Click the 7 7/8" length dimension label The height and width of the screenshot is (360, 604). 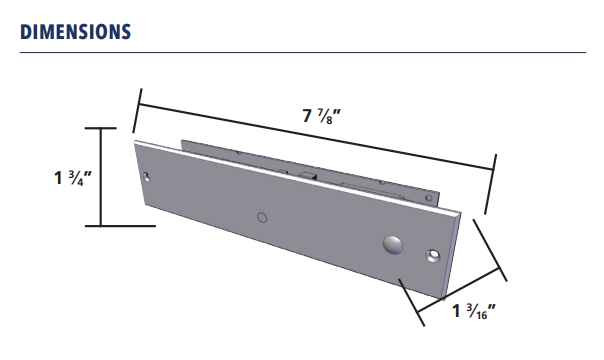coord(322,115)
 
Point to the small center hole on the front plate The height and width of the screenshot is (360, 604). coord(262,216)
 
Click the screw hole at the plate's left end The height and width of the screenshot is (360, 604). coord(148,177)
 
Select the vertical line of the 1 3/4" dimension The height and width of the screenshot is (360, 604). coord(100,177)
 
